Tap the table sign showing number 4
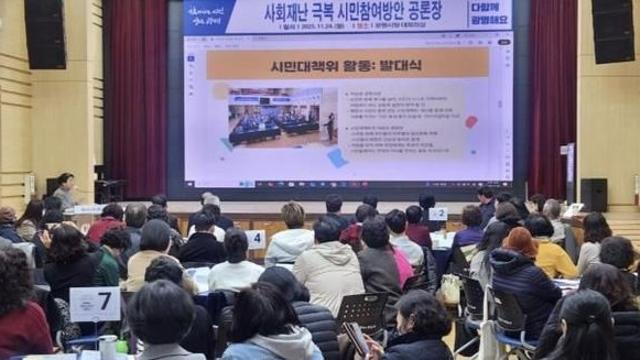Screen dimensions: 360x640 pos(256,239)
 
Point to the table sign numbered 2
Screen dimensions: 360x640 pos(438,213)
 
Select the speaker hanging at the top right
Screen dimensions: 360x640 pos(612,31)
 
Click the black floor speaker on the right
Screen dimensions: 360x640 pos(594,194)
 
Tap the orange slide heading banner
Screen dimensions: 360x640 pos(347,64)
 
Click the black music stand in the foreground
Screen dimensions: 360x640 pos(362,311)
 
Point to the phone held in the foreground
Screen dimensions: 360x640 pos(355,337)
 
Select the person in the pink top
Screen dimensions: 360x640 pos(401,262)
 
